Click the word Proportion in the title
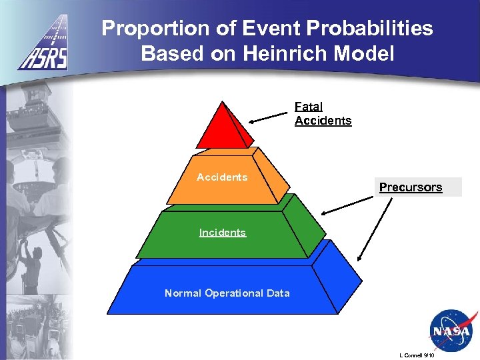tap(153, 29)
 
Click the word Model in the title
tap(366, 53)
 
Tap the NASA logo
tap(451, 330)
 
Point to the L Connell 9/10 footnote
tap(415, 355)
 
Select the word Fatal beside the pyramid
tap(309, 107)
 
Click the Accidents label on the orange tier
tap(222, 177)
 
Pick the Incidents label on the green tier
tap(223, 233)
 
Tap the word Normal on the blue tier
tap(183, 293)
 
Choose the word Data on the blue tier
tap(279, 293)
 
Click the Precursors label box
tap(411, 187)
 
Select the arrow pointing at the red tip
tap(270, 117)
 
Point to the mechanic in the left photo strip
tap(30, 263)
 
